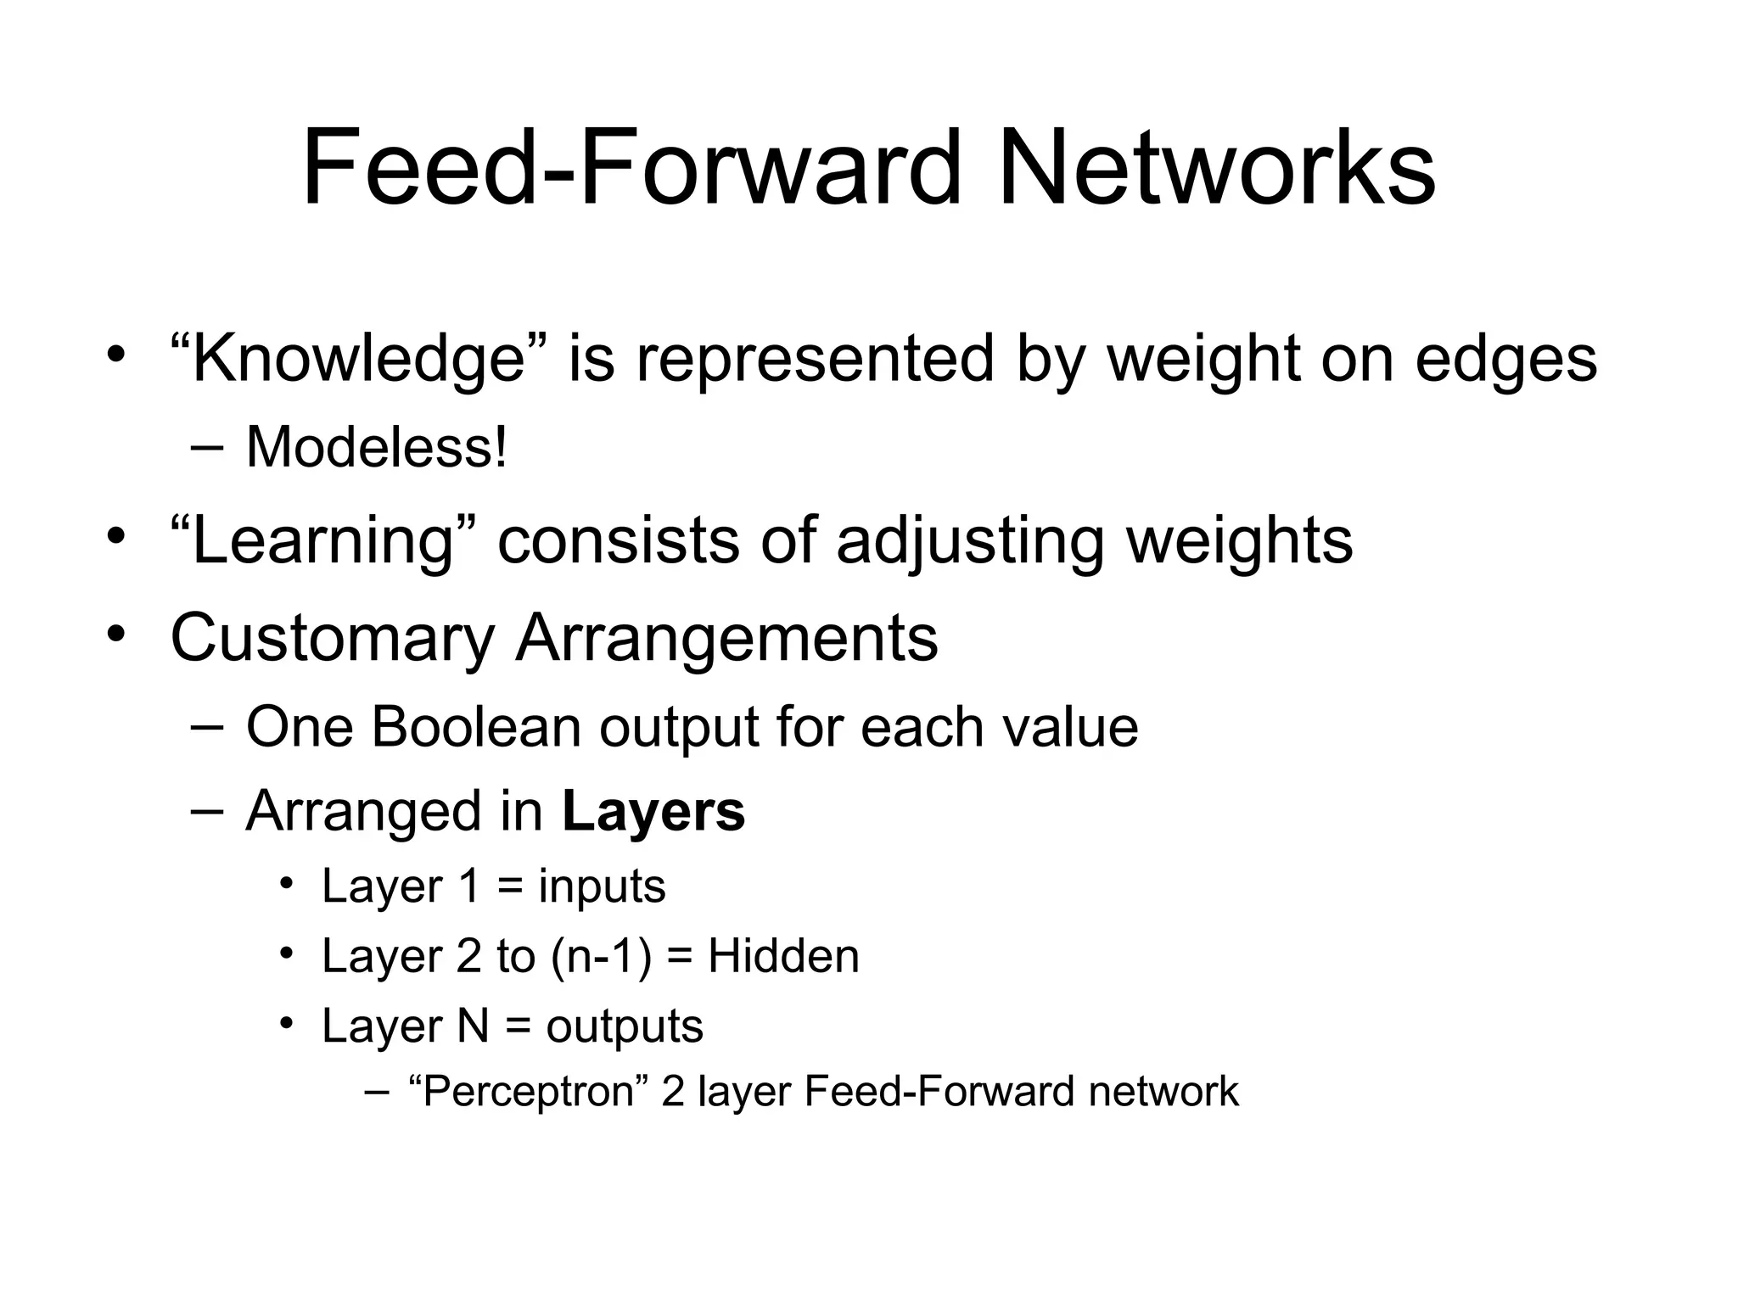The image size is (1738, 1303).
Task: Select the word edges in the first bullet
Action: pos(1505,359)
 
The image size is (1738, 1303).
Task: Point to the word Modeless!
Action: pos(377,447)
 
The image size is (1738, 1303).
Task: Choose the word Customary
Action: pos(332,638)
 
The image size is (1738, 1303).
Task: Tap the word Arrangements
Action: pos(726,638)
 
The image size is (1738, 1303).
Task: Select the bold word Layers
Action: pos(653,812)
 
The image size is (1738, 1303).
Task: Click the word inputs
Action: pos(602,887)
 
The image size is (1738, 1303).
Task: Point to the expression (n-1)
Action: pos(602,957)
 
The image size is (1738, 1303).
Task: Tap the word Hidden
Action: pos(783,957)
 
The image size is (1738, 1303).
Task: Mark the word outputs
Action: pos(625,1026)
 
